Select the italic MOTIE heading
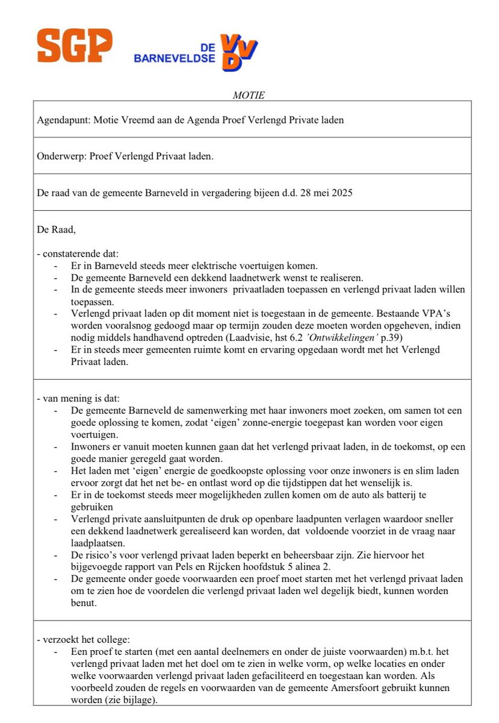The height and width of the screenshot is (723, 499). (249, 95)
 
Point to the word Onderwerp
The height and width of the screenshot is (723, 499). (61, 156)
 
